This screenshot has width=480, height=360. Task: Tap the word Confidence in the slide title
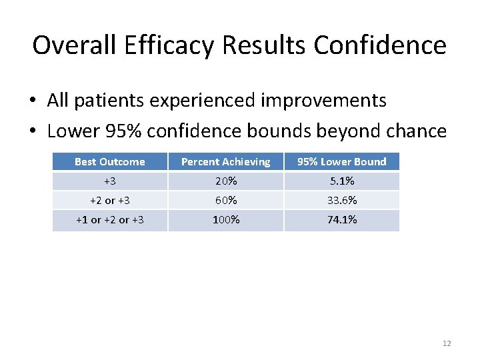click(x=380, y=45)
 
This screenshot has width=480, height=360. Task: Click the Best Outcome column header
click(x=109, y=161)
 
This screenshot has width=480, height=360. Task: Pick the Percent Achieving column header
click(x=226, y=161)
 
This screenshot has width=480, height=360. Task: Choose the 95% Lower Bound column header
click(x=341, y=161)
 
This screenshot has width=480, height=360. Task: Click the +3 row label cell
click(x=109, y=181)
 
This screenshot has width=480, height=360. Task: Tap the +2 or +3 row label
click(x=109, y=200)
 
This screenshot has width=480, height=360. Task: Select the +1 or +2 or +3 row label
click(x=109, y=219)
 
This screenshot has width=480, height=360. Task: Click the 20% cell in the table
click(x=226, y=181)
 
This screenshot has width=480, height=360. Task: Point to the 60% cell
click(x=226, y=200)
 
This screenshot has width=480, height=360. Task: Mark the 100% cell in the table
click(x=226, y=219)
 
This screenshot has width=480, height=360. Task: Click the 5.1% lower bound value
click(x=341, y=181)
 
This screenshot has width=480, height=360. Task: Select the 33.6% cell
click(x=341, y=200)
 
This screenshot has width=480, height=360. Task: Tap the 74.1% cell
click(x=341, y=219)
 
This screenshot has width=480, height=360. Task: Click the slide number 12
click(x=446, y=343)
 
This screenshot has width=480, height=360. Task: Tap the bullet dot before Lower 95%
click(x=32, y=131)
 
